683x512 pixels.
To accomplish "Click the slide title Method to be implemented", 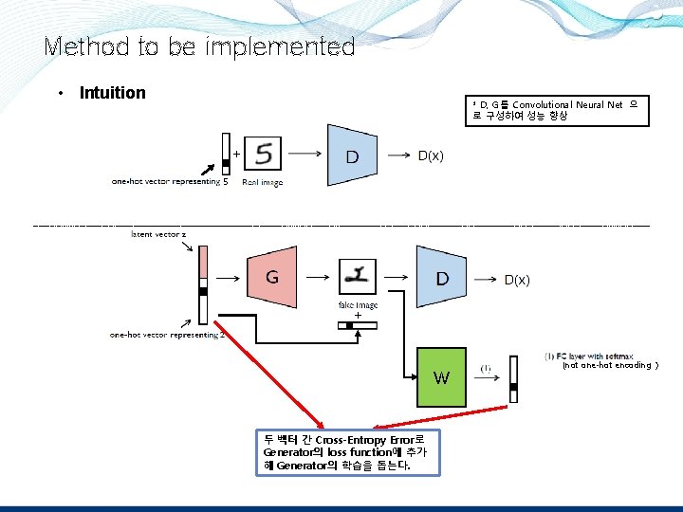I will (x=199, y=46).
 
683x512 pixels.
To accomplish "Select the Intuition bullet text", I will (x=112, y=93).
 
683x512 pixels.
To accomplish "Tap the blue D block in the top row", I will (x=353, y=155).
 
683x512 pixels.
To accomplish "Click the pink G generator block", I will (x=272, y=278).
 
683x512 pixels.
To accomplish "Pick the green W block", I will (x=442, y=377).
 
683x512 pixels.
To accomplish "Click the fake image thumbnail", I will (x=358, y=277).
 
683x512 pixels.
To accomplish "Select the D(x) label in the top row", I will (x=431, y=155).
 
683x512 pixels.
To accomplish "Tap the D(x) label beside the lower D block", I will (x=517, y=280).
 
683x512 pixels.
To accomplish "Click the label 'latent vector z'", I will (x=158, y=233).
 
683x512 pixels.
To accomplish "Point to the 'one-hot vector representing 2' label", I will (x=167, y=334).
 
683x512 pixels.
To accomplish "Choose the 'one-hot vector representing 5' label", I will (x=170, y=182).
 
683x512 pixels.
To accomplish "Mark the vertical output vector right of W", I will (x=514, y=379).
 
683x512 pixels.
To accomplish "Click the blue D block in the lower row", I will (x=441, y=278).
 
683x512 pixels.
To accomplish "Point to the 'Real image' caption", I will (x=263, y=182).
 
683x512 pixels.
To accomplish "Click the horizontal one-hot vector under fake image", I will (x=357, y=326).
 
